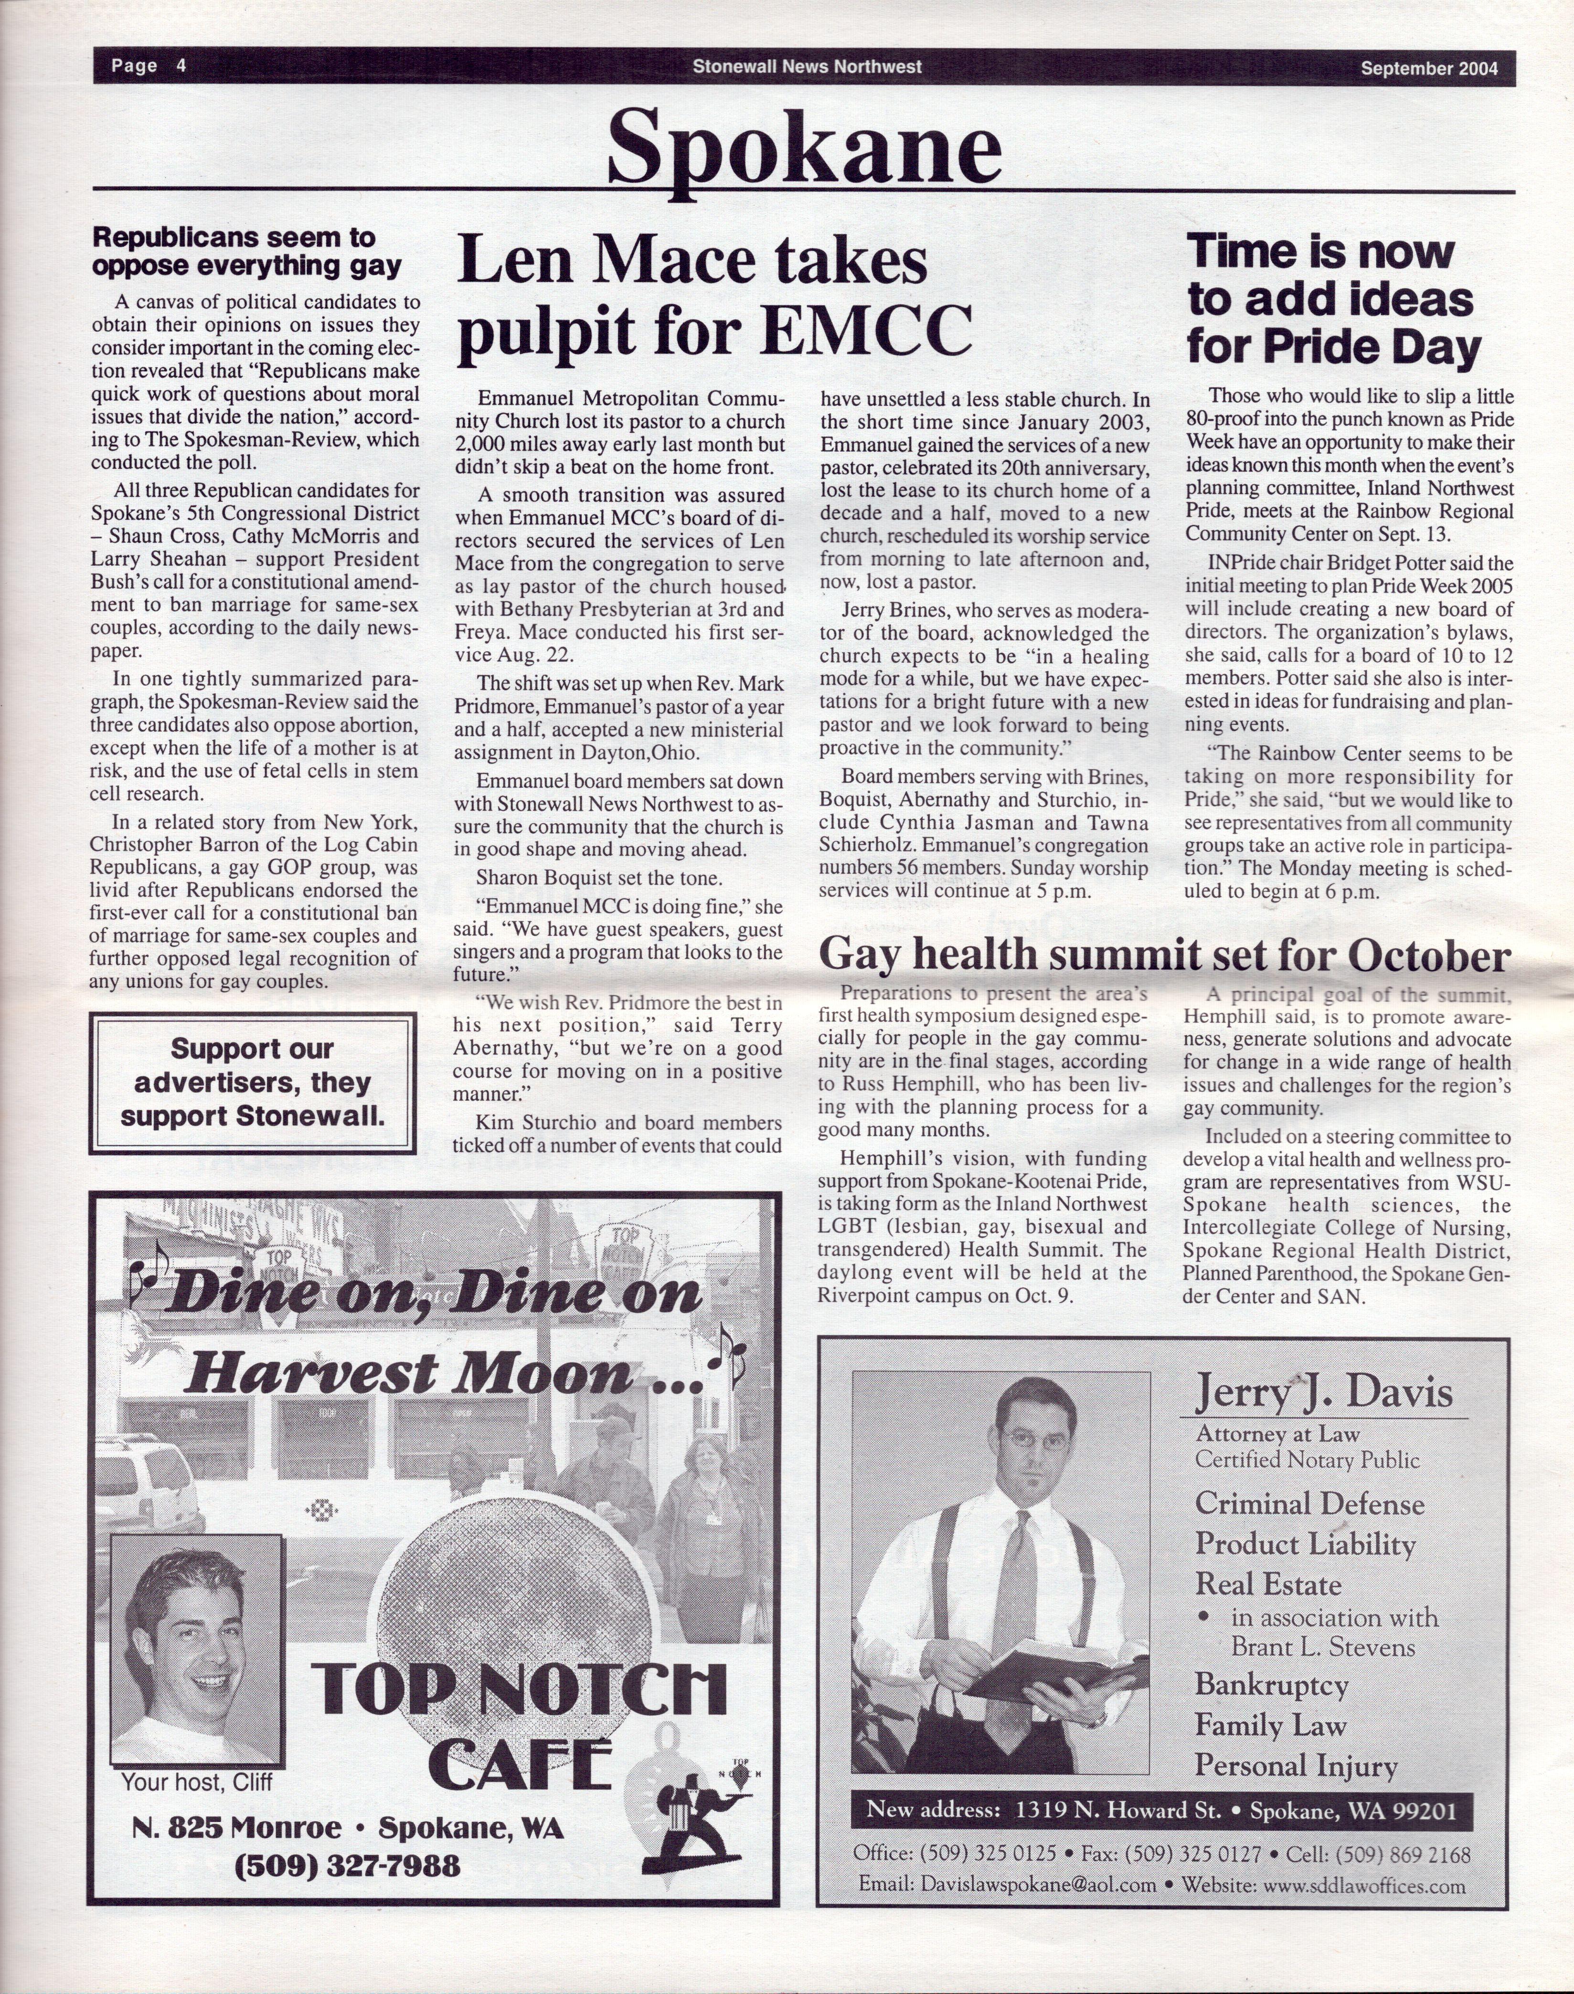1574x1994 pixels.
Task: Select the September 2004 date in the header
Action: click(1428, 67)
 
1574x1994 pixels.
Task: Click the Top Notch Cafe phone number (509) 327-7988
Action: click(348, 1866)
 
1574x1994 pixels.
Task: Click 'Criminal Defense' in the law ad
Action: click(1308, 1504)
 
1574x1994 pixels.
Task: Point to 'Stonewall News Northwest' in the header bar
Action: click(807, 66)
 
